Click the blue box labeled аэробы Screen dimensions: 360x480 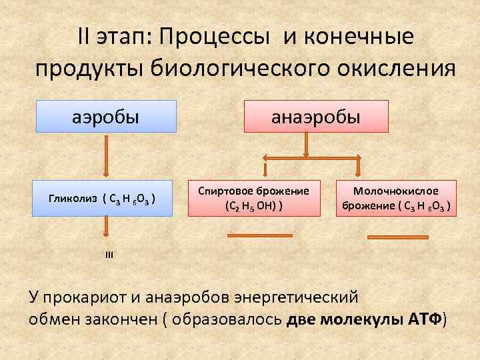pyautogui.click(x=106, y=117)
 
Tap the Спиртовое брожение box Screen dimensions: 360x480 pyautogui.click(x=253, y=198)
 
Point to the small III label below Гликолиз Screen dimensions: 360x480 pyautogui.click(x=109, y=254)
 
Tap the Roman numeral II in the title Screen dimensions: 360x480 pyautogui.click(x=87, y=39)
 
